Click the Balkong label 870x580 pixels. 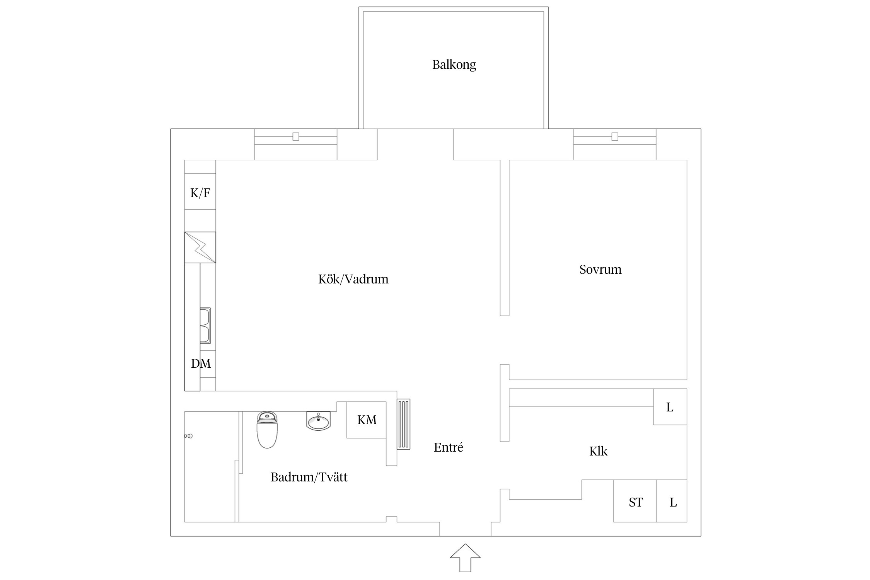[454, 65]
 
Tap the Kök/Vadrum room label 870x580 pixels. [353, 279]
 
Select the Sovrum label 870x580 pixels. [600, 269]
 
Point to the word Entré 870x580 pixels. [448, 447]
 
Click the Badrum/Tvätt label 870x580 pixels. [309, 477]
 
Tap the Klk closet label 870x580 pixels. [598, 451]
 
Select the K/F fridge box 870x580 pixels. [200, 192]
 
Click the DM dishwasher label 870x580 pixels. [201, 363]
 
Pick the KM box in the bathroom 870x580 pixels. [367, 420]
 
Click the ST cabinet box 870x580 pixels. [635, 501]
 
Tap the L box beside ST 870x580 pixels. [672, 501]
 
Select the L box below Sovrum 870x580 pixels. [670, 407]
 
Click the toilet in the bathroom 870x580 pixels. [267, 430]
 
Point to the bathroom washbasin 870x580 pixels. [318, 421]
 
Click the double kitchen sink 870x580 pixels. [205, 326]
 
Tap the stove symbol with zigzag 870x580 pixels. [200, 247]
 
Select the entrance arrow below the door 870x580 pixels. [465, 558]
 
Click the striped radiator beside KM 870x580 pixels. [404, 424]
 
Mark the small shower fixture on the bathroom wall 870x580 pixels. [188, 436]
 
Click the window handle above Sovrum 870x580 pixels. [615, 136]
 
